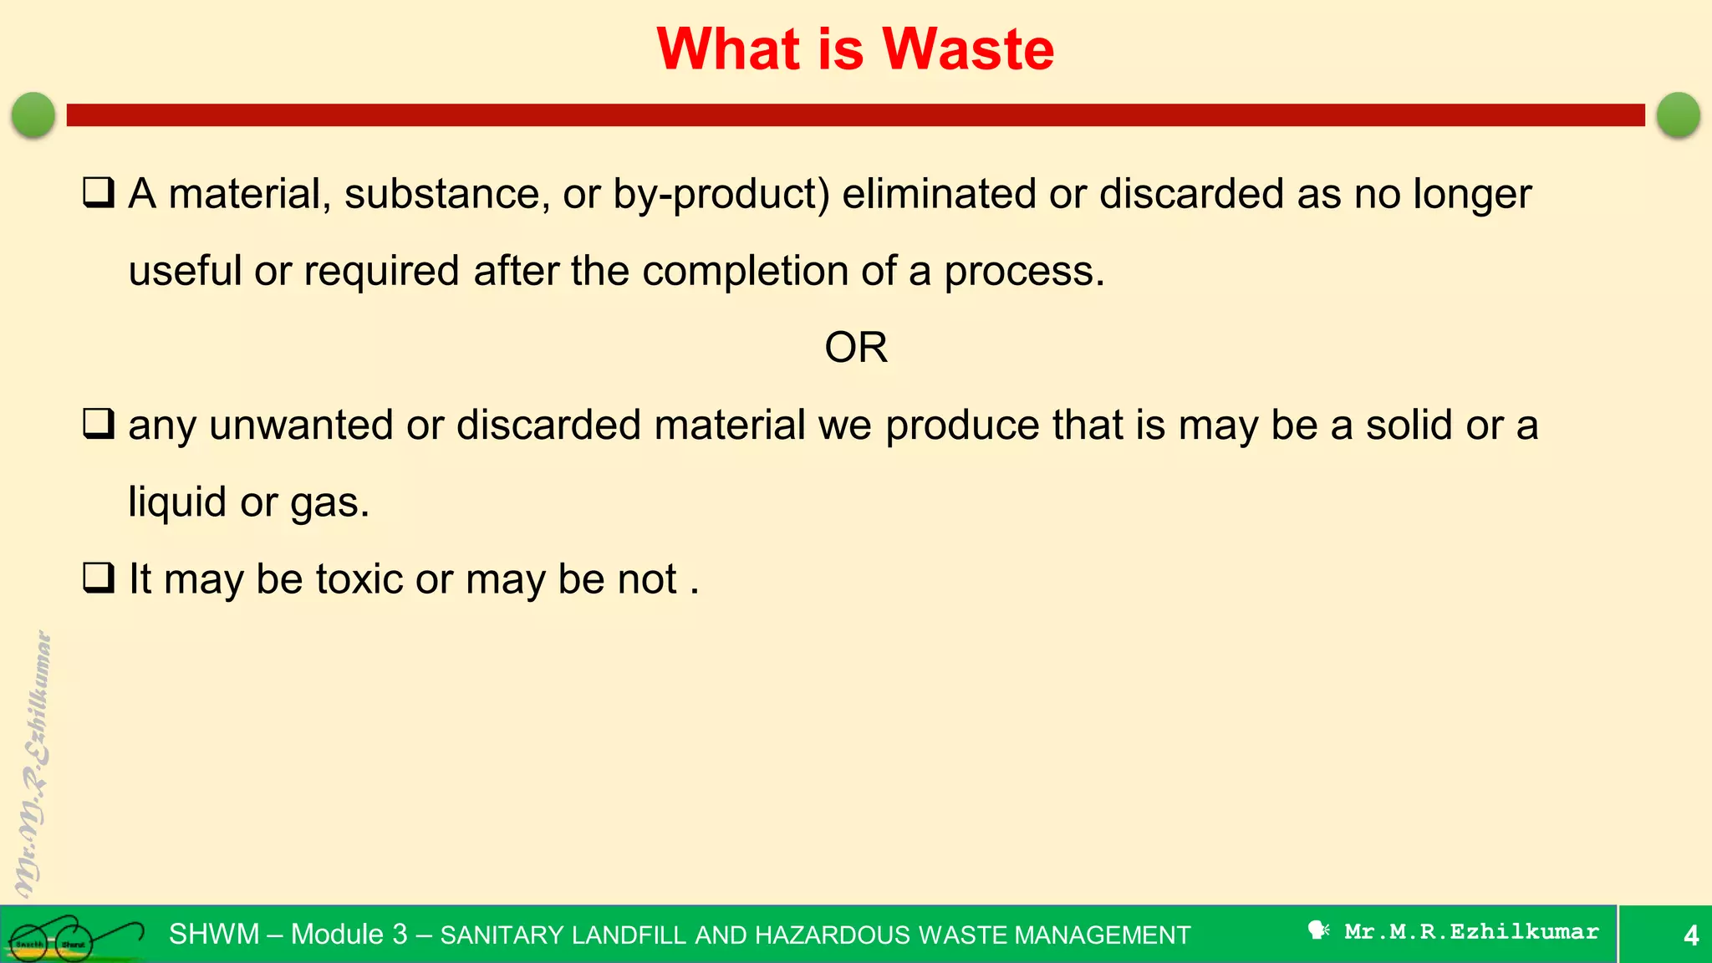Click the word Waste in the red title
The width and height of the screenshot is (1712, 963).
pyautogui.click(x=968, y=49)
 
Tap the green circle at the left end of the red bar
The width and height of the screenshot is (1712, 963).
pyautogui.click(x=33, y=115)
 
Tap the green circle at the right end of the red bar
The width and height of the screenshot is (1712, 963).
pyautogui.click(x=1678, y=115)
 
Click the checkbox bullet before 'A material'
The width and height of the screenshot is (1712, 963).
pyautogui.click(x=99, y=193)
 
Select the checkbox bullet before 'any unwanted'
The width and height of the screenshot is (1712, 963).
pyautogui.click(x=99, y=424)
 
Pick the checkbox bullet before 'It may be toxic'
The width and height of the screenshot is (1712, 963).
pyautogui.click(x=99, y=578)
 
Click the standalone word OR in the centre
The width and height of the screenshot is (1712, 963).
pyautogui.click(x=855, y=347)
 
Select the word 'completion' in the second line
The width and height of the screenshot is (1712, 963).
pyautogui.click(x=745, y=272)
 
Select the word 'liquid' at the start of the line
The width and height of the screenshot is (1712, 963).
pyautogui.click(x=177, y=502)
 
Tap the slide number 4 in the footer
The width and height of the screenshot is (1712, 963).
pyautogui.click(x=1690, y=935)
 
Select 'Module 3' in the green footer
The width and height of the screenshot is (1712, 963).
pyautogui.click(x=349, y=934)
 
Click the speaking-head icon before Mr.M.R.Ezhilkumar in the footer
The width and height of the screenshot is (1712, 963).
pyautogui.click(x=1318, y=930)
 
